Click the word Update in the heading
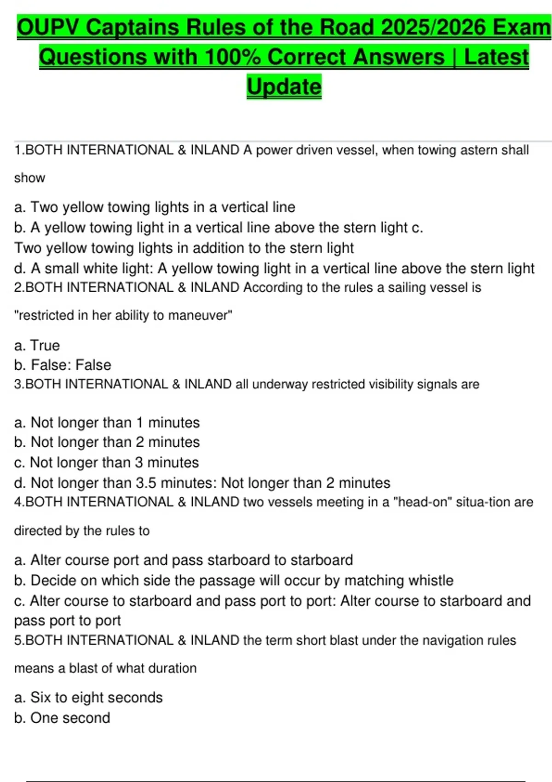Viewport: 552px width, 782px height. (284, 87)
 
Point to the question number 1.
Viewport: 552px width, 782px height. (18, 150)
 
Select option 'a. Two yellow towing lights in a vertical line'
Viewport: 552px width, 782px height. (155, 207)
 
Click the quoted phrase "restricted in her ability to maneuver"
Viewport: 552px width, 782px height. (123, 316)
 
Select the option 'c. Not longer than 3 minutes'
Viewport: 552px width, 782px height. (107, 463)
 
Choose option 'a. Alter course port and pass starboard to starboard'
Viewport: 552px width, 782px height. (184, 560)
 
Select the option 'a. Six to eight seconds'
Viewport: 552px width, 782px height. (88, 698)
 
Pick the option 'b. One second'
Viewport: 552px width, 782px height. (62, 718)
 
